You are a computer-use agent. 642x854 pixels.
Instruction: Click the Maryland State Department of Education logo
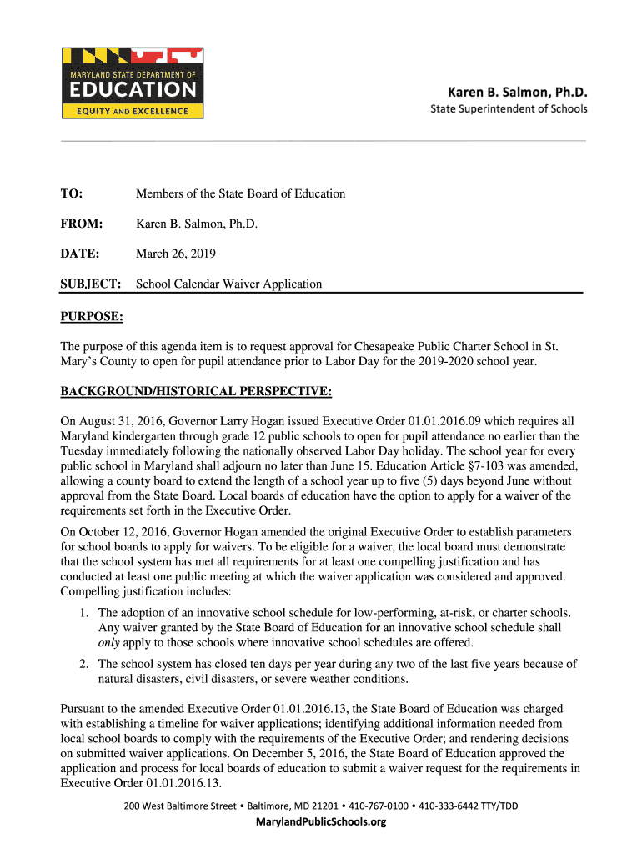[x=133, y=83]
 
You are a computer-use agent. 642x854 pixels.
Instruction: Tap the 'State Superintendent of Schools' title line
[x=509, y=109]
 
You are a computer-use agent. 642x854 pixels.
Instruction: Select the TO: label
[x=72, y=193]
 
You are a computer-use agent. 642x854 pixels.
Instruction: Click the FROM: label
[x=81, y=224]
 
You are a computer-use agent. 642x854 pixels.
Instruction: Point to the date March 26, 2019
[x=177, y=254]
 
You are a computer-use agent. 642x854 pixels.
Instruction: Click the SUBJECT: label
[x=91, y=284]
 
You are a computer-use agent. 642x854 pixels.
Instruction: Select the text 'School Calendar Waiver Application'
[x=228, y=284]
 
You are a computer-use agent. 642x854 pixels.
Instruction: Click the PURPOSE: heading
[x=92, y=316]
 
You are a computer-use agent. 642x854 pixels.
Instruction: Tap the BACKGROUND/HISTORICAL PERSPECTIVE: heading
[x=196, y=391]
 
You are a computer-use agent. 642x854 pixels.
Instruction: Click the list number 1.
[x=84, y=612]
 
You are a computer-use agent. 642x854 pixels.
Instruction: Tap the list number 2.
[x=84, y=664]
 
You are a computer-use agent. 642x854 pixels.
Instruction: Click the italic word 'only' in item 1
[x=109, y=642]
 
